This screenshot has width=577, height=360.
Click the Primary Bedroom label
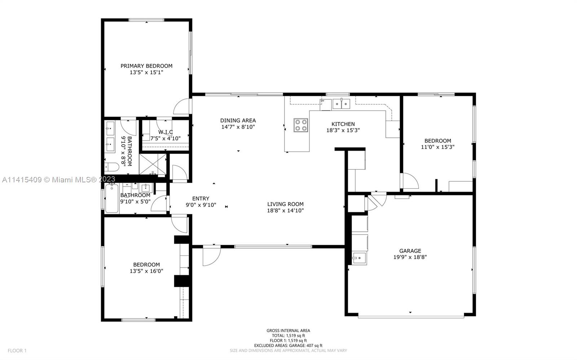146,66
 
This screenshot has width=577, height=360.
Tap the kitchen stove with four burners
301,125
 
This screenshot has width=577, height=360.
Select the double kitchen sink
341,104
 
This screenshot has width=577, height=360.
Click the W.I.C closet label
166,132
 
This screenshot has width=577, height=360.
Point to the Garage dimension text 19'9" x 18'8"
410,257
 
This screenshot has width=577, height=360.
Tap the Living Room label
285,204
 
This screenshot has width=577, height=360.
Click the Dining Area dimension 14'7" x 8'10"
238,127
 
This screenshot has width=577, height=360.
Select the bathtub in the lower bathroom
112,198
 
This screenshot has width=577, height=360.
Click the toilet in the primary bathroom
112,167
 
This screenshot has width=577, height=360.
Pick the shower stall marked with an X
153,164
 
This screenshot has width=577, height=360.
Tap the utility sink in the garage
359,258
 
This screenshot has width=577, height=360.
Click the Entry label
201,199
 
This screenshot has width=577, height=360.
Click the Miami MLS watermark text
59,179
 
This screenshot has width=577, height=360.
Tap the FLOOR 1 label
17,351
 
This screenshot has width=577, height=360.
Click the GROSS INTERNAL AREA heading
288,330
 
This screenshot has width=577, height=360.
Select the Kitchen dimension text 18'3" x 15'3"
343,130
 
